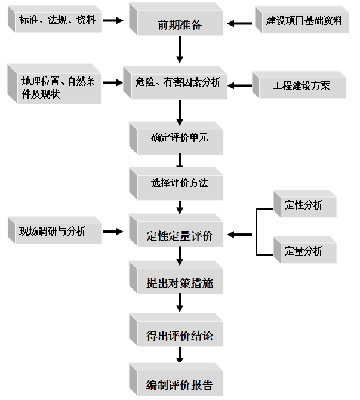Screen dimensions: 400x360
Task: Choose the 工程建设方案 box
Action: [301, 85]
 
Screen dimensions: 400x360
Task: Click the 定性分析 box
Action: [304, 205]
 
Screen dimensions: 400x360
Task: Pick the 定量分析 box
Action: [304, 251]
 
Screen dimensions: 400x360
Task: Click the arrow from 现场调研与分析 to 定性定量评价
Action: [112, 231]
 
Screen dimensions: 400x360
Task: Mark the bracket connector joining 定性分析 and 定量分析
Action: [257, 232]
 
